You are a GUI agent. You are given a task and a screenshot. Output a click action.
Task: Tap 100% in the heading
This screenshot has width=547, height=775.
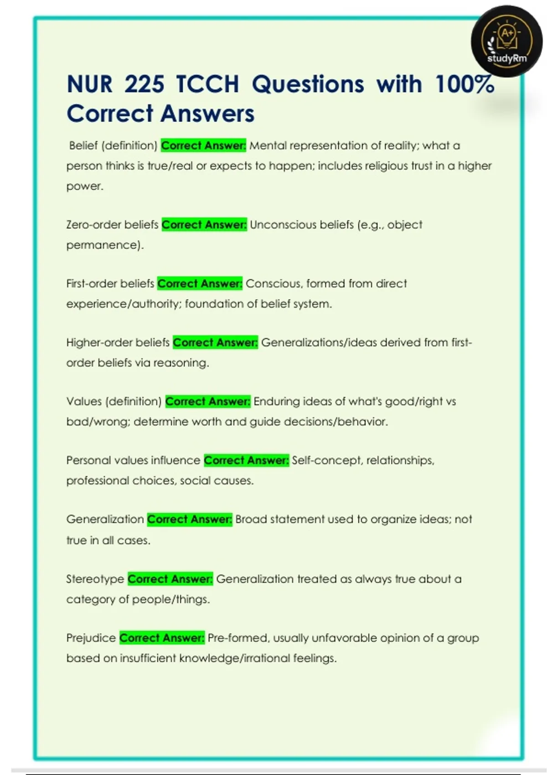(x=464, y=84)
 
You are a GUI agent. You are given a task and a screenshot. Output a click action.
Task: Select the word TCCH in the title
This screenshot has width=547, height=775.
(x=208, y=84)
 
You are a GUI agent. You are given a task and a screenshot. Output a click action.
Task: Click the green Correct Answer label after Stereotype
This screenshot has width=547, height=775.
(x=170, y=579)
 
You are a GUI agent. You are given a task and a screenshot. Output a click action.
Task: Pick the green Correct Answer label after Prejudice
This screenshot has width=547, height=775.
(x=162, y=638)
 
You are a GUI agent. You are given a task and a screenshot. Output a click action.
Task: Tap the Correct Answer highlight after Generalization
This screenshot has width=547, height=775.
(x=190, y=519)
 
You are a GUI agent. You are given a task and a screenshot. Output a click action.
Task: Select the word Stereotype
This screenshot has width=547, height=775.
(x=95, y=579)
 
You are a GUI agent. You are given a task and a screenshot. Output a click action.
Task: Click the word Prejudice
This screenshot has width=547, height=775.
(x=91, y=638)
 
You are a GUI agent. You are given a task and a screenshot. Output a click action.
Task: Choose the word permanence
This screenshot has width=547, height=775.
(x=103, y=245)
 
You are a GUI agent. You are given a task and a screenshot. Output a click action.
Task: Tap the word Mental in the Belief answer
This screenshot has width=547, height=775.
(x=268, y=146)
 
